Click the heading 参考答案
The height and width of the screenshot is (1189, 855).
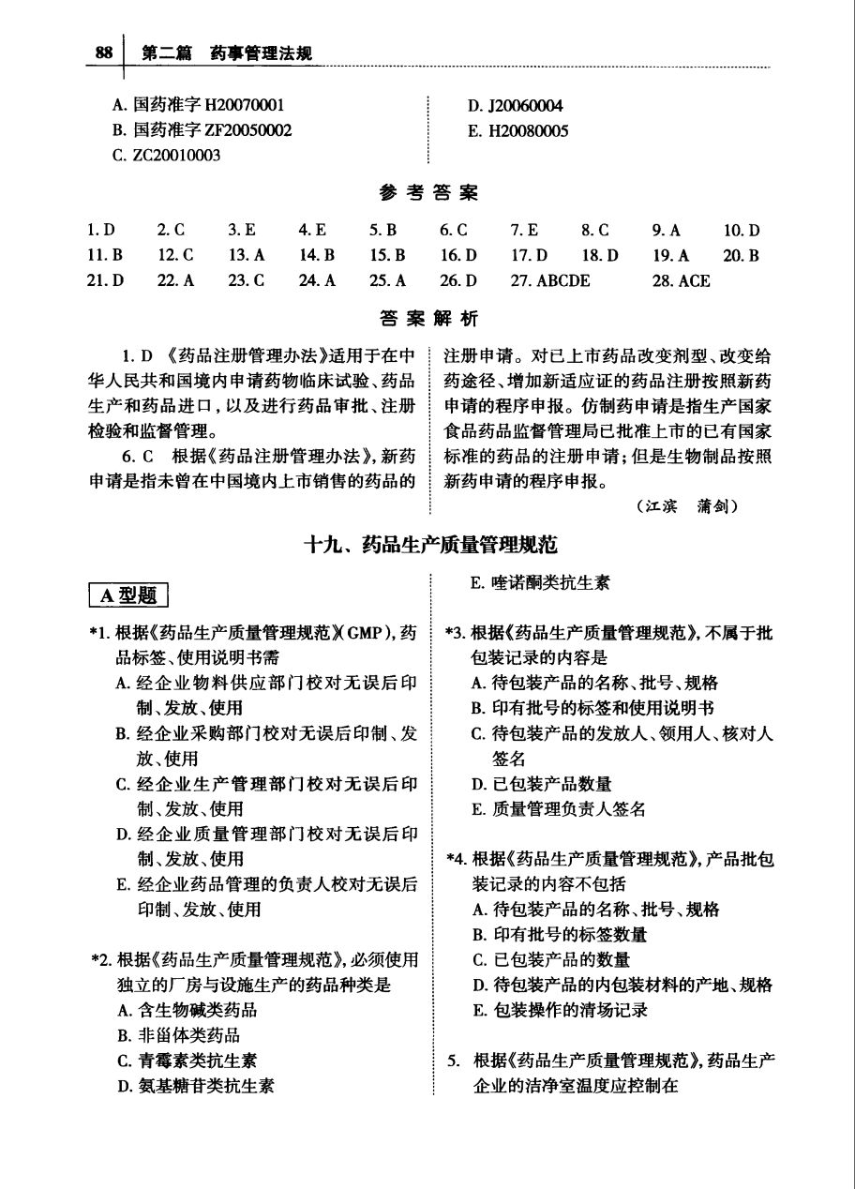point(428,193)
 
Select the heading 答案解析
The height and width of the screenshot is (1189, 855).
point(428,319)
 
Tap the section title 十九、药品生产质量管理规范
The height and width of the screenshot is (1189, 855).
point(427,545)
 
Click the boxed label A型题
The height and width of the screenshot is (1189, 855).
point(129,594)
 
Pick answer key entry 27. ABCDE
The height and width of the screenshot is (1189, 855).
point(550,280)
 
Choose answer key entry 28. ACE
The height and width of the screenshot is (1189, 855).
point(682,280)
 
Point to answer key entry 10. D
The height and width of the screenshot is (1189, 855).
point(742,230)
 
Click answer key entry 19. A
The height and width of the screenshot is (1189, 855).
point(671,255)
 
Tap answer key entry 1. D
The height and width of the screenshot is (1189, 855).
point(101,230)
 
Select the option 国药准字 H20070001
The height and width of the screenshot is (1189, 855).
point(198,105)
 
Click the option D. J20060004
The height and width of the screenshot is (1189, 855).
point(516,105)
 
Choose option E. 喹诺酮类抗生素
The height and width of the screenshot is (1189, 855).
point(540,582)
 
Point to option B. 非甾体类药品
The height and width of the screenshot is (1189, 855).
point(178,1035)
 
